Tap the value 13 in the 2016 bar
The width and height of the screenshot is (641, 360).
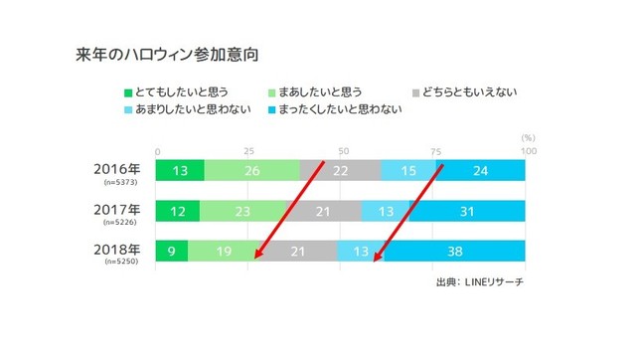click(x=180, y=171)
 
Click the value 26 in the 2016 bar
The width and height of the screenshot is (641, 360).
click(x=252, y=171)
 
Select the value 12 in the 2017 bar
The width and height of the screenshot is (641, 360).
click(x=178, y=212)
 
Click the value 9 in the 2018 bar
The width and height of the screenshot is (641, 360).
click(x=172, y=252)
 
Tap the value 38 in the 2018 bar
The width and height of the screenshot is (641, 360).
click(x=457, y=252)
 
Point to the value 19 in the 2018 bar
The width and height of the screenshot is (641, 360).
click(x=223, y=252)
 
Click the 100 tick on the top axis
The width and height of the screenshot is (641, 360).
click(x=529, y=150)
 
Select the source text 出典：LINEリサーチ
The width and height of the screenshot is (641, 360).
click(x=480, y=282)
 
